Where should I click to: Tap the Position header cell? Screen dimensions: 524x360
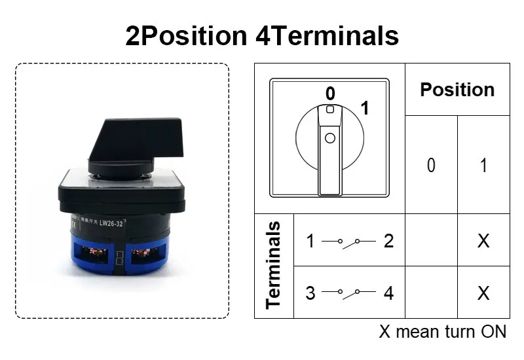[x=457, y=90]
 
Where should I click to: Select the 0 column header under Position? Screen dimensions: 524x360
[x=431, y=165]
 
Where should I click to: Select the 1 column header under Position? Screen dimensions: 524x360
[x=483, y=165]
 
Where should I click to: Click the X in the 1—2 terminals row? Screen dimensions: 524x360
[x=483, y=241]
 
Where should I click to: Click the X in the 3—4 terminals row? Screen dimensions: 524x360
[x=483, y=293]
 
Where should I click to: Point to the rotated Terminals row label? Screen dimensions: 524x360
[x=274, y=265]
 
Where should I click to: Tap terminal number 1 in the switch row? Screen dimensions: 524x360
[x=310, y=241]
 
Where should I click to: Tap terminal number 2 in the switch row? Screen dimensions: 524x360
[x=388, y=241]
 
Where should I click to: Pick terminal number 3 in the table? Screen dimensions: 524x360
[x=310, y=293]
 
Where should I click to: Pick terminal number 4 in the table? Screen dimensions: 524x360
[x=388, y=293]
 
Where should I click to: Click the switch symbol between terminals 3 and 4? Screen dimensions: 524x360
[x=349, y=293]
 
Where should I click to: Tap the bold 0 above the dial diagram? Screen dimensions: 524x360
[x=330, y=93]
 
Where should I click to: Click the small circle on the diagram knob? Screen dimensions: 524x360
[x=329, y=138]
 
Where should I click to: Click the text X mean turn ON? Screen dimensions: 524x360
[x=443, y=332]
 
